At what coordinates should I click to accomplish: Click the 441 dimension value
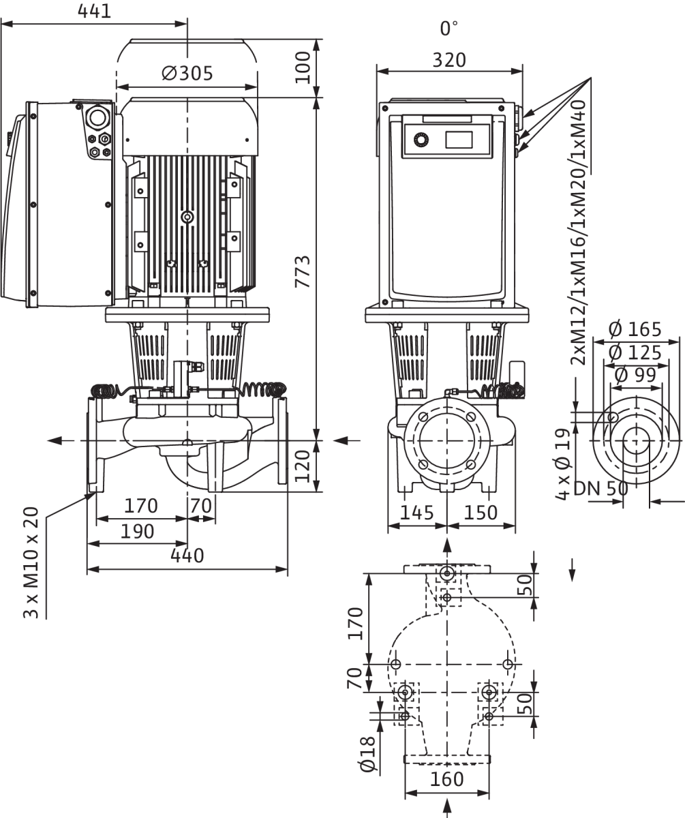(94, 12)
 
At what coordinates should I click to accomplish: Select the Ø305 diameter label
(187, 73)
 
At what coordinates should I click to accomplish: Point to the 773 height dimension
(303, 271)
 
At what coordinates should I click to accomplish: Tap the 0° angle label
(448, 29)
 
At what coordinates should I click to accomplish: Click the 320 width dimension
(449, 60)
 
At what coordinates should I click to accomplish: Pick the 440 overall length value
(187, 556)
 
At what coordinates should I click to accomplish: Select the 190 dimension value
(137, 532)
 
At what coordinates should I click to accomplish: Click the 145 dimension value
(416, 513)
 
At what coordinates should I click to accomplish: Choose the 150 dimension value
(481, 513)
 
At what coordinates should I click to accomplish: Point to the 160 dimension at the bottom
(447, 779)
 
